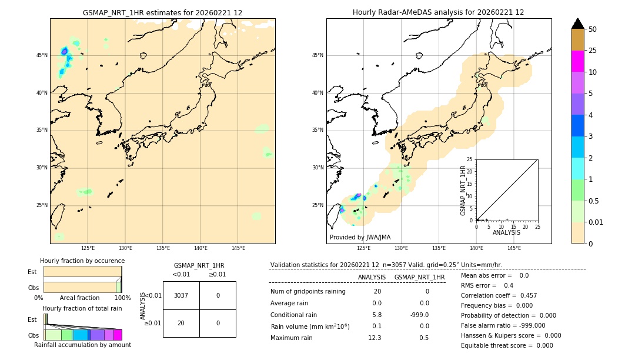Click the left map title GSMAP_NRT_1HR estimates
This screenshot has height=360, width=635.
point(162,12)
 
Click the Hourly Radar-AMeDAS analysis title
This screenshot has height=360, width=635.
point(438,12)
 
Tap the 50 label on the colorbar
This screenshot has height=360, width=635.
point(593,29)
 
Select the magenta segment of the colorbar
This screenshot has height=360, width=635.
point(577,61)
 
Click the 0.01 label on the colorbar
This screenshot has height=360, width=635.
point(596,222)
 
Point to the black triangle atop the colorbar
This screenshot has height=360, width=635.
point(577,24)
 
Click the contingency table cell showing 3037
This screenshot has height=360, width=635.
point(181,295)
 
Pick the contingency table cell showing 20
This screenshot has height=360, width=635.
point(181,323)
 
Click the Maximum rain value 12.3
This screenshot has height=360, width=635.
point(375,338)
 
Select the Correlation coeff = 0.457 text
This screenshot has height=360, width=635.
point(499,295)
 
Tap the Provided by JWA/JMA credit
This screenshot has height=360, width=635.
point(360,237)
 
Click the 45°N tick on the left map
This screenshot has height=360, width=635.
point(41,55)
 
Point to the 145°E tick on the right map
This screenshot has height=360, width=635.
point(514,248)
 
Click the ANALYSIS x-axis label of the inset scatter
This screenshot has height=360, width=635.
point(506,232)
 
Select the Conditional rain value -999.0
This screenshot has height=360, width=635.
point(419,315)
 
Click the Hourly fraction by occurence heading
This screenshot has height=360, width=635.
point(82,261)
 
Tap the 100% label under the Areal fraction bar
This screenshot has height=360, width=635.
point(122,298)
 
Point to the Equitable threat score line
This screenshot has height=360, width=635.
point(507,345)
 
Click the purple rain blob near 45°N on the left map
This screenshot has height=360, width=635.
point(64,52)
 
